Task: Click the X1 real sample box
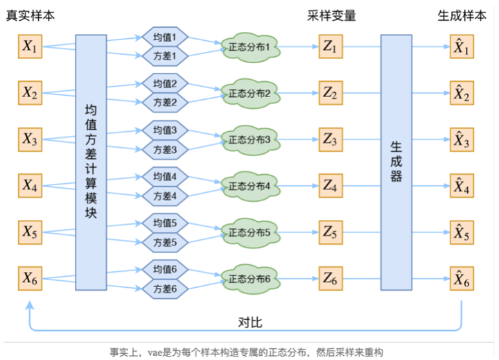point(30,47)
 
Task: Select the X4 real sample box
point(30,186)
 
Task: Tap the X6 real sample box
point(30,279)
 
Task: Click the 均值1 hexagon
point(165,37)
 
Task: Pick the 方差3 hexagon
point(165,149)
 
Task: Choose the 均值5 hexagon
point(165,223)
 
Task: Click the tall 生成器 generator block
point(396,162)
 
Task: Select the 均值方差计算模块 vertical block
point(91,162)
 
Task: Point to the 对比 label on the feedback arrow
point(249,321)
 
